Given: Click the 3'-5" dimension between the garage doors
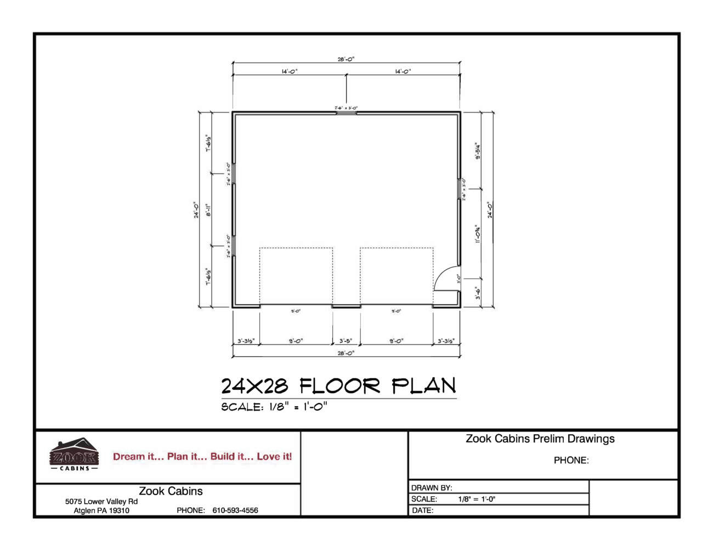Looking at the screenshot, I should [345, 341].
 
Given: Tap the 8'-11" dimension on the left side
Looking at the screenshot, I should [208, 211].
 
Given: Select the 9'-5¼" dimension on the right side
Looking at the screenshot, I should [478, 151].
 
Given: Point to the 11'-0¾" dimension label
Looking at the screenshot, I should [478, 234].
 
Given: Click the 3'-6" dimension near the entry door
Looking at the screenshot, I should [478, 294].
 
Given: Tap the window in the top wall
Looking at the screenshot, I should [346, 113].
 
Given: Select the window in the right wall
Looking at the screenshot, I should [459, 189].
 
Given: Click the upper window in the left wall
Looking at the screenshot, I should [233, 173].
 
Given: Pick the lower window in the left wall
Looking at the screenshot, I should [233, 246].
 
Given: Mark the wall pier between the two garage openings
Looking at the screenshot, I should [346, 306].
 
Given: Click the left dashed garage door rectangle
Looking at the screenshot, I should [296, 276].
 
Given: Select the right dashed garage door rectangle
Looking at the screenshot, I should [397, 276].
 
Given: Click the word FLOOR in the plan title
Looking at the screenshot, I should [339, 386].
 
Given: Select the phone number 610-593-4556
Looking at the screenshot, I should [235, 510].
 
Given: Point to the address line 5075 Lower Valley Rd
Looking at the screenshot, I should [101, 501].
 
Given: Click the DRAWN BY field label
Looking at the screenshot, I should [432, 487].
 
